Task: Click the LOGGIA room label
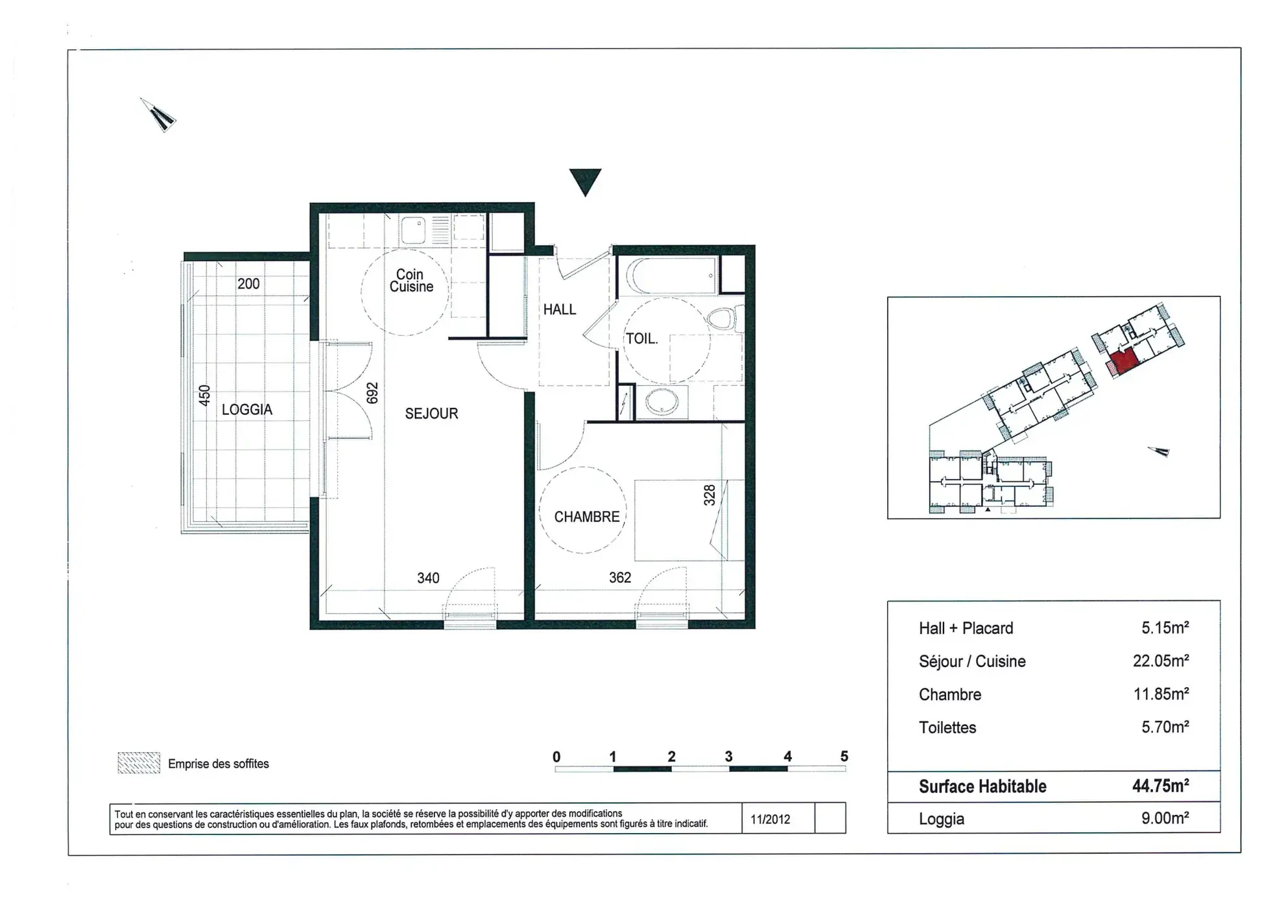(247, 410)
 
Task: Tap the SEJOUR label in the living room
(431, 414)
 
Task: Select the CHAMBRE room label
(586, 517)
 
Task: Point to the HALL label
(559, 310)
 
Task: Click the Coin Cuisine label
(410, 281)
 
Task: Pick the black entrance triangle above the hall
(585, 180)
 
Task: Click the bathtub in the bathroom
(672, 276)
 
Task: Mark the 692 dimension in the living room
(372, 393)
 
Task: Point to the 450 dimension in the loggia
(204, 395)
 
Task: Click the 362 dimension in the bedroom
(619, 578)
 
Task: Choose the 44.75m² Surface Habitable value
(1160, 786)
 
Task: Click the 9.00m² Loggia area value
(1165, 818)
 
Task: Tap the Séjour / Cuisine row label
(971, 661)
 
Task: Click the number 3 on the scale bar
(728, 757)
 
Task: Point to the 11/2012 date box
(770, 819)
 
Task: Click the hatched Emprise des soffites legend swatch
(139, 763)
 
